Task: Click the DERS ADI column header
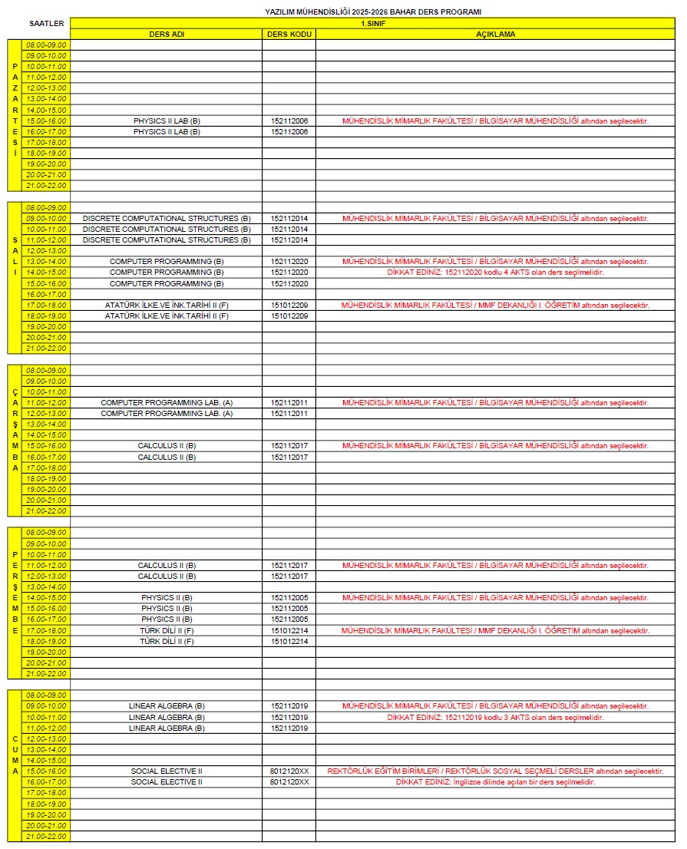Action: (x=167, y=35)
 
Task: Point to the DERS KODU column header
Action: (x=289, y=35)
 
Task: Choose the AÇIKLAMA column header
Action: (x=495, y=35)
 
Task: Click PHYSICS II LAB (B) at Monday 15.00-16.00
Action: (x=167, y=121)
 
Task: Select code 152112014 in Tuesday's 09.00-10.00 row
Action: (x=289, y=219)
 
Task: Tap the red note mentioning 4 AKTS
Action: (x=495, y=273)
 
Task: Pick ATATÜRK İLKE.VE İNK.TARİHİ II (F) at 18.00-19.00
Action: (x=167, y=316)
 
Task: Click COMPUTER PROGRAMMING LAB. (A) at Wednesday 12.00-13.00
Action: (x=167, y=414)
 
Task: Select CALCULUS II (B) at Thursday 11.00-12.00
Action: (x=167, y=566)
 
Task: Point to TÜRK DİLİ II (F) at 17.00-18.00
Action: (x=167, y=631)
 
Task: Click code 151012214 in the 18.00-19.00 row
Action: (x=289, y=642)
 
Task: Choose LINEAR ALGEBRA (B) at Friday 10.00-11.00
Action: (x=167, y=718)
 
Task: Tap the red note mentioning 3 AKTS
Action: (x=495, y=718)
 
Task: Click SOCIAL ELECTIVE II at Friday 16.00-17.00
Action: (x=167, y=782)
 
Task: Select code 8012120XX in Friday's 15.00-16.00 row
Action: (x=289, y=771)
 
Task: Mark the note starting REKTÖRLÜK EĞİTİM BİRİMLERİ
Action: (x=495, y=771)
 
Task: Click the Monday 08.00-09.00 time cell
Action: (x=47, y=45)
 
